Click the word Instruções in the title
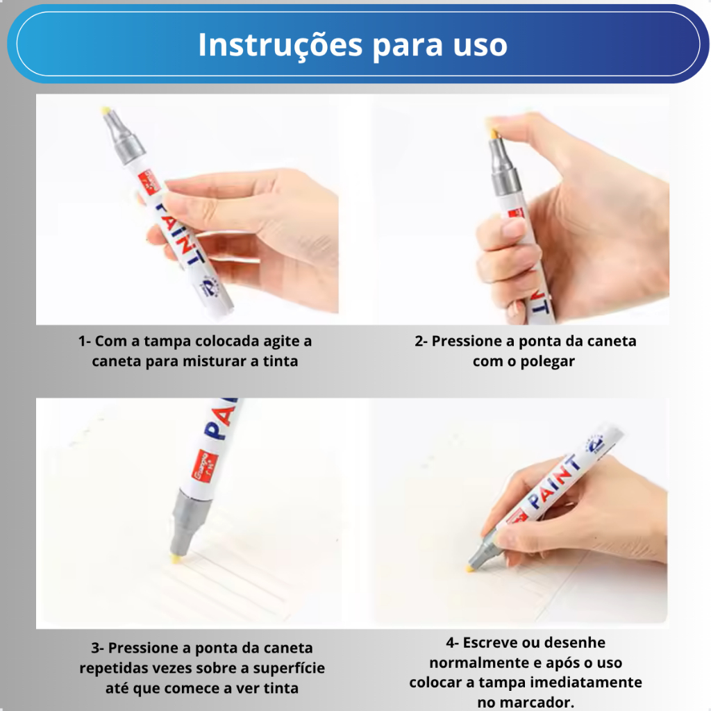coord(281,45)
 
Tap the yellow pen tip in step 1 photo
coord(106,110)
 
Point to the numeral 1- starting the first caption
coord(84,341)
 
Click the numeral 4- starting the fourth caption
coord(452,642)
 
